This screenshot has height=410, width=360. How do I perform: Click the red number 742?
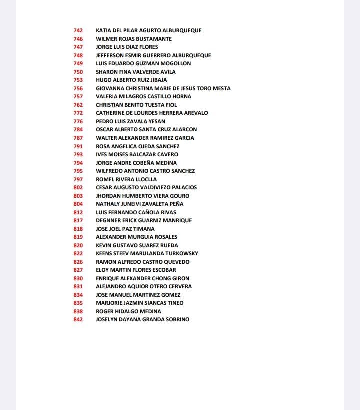coord(78,30)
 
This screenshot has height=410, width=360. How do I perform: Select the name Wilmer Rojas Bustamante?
coord(134,39)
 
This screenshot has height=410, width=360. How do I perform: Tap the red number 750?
coord(78,72)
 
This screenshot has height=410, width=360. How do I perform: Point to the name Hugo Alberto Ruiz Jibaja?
coord(131,80)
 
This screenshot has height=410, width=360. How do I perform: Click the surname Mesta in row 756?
coord(222,88)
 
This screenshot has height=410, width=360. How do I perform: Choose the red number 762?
coord(78,105)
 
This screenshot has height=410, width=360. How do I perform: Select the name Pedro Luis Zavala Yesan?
coord(130,121)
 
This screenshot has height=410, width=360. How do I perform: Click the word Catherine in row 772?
coord(111,113)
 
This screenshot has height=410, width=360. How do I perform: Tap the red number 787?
coord(78,138)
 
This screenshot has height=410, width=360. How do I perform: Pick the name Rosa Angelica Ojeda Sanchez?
coord(137,146)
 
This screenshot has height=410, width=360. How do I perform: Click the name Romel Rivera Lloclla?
coord(126,179)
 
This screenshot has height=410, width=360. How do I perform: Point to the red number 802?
coord(78,187)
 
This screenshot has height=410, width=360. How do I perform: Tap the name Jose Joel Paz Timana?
coord(125,229)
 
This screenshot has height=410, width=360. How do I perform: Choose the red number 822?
coord(78,253)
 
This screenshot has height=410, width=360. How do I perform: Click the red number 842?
coord(78,319)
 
